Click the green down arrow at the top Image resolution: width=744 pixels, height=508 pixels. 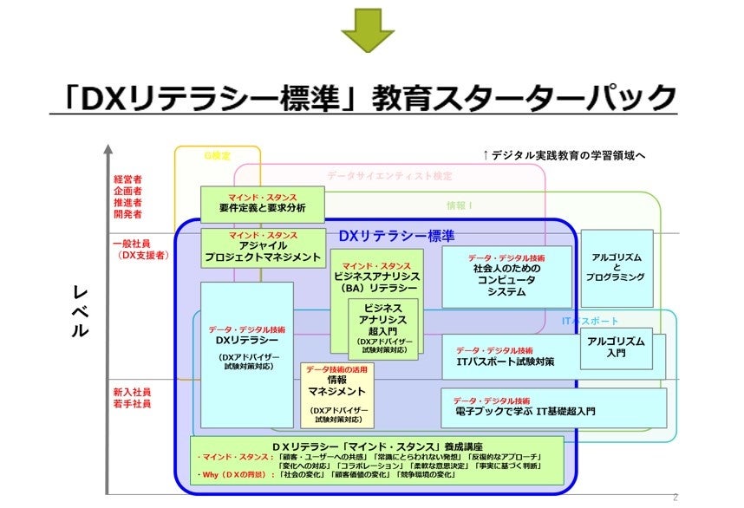[368, 30]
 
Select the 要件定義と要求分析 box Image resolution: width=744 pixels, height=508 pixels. [262, 204]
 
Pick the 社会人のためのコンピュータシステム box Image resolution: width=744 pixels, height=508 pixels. [506, 276]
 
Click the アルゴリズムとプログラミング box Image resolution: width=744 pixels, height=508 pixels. [617, 267]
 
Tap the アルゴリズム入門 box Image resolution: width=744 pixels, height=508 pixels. [616, 347]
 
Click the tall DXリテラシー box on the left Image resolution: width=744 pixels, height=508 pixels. [246, 347]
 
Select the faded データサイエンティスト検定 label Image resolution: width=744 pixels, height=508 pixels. [389, 175]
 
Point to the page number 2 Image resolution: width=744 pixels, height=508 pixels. [675, 497]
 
